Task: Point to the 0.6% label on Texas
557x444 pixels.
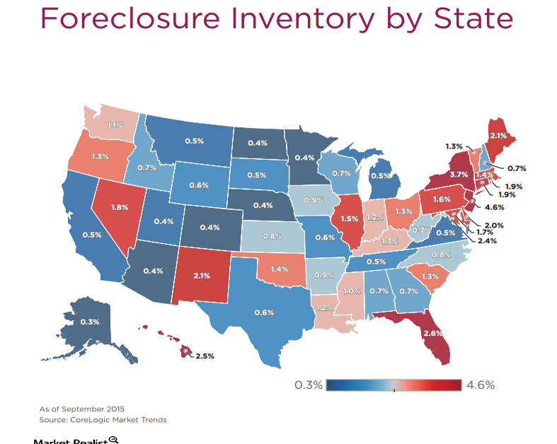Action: (264, 312)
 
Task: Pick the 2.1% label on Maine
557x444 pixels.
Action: (498, 135)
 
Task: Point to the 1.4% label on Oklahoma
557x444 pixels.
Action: (279, 269)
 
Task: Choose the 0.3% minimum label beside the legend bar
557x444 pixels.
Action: (308, 385)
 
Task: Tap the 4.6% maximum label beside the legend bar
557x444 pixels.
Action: (481, 385)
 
